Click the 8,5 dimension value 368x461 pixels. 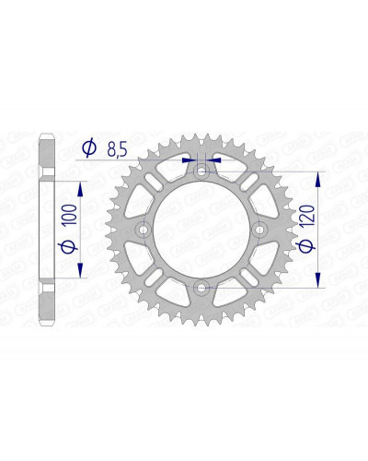[x=117, y=149]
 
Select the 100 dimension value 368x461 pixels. [x=71, y=215]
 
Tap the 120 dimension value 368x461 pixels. [x=307, y=216]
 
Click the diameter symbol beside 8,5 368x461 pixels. [x=89, y=148]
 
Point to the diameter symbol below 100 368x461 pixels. [x=69, y=246]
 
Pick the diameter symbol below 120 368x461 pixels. [x=306, y=245]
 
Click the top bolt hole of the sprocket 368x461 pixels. [x=201, y=171]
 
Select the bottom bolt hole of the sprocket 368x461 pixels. [x=201, y=288]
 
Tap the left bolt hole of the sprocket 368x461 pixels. [x=143, y=230]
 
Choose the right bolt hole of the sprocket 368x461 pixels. [x=259, y=230]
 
